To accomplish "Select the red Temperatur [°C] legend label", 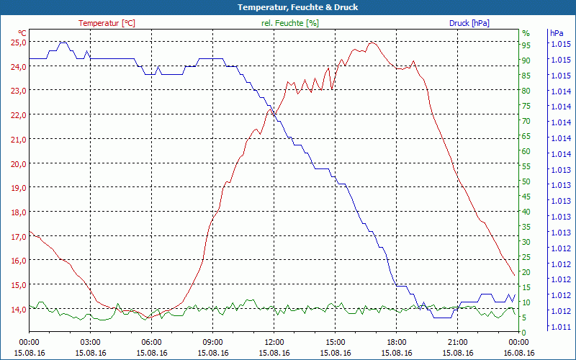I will pyautogui.click(x=107, y=23).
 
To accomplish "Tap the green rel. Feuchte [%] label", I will pyautogui.click(x=290, y=23).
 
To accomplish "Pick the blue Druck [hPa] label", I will pyautogui.click(x=469, y=23).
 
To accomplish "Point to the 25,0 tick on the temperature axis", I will pyautogui.click(x=18, y=42).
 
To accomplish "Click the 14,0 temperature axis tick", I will pyautogui.click(x=18, y=309).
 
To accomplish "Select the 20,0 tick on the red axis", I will pyautogui.click(x=18, y=163).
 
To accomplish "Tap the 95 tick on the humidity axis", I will pyautogui.click(x=526, y=45).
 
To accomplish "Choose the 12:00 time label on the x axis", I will pyautogui.click(x=274, y=342).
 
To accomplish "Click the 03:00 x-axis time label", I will pyautogui.click(x=90, y=342).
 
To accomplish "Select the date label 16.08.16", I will pyautogui.click(x=519, y=353).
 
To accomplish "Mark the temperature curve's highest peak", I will pyautogui.click(x=372, y=42).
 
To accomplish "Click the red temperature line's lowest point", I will pyautogui.click(x=147, y=318).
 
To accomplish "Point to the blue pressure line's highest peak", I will pyautogui.click(x=63, y=42).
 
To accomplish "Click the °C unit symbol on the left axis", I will pyautogui.click(x=22, y=33).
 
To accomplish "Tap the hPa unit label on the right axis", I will pyautogui.click(x=556, y=33).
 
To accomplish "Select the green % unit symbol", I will pyautogui.click(x=526, y=33).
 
